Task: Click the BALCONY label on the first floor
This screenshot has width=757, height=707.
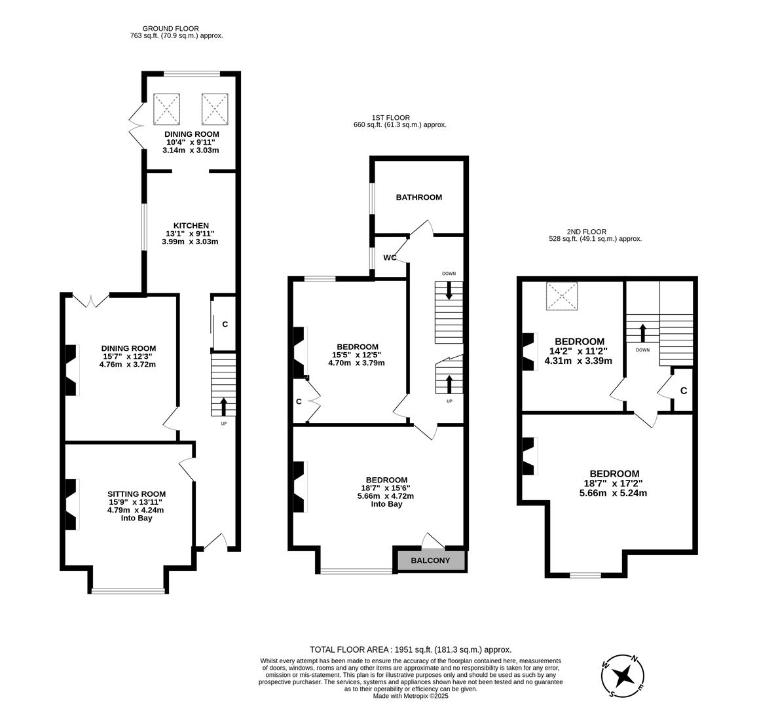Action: pos(430,560)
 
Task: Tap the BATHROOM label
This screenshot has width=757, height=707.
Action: pos(418,197)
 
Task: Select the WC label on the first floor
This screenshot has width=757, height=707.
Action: pos(390,257)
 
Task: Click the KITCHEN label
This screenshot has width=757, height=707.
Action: pos(190,225)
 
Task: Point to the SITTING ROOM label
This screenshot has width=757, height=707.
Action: pos(136,494)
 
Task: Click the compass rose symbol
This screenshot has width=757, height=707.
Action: pos(623,675)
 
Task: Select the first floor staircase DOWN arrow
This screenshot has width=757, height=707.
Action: pos(449,290)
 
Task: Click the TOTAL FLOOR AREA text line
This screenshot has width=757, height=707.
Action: pos(410,649)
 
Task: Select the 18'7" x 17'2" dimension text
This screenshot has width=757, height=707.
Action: pos(613,483)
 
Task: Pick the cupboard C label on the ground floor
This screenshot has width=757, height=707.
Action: pos(225,324)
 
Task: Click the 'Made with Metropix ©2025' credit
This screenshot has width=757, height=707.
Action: pos(411,695)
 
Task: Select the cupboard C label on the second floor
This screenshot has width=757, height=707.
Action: pos(683,391)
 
